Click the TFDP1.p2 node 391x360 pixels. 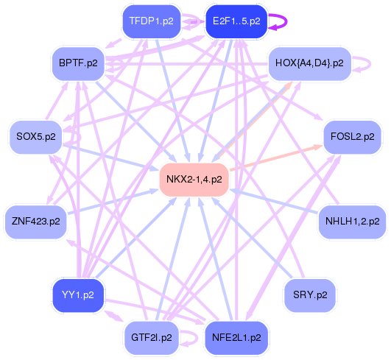pos(151,21)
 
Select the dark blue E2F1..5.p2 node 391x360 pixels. pos(236,21)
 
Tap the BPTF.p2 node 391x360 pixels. pos(78,63)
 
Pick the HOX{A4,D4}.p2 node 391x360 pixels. pos(309,63)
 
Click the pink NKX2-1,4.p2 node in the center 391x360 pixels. pos(194,179)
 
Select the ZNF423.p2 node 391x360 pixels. pos(35,220)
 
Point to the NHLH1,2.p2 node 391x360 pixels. pos(352,220)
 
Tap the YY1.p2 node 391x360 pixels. pos(78,294)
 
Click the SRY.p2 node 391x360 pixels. pos(309,294)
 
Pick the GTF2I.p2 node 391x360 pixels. pos(151,337)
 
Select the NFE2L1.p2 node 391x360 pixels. pos(236,337)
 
